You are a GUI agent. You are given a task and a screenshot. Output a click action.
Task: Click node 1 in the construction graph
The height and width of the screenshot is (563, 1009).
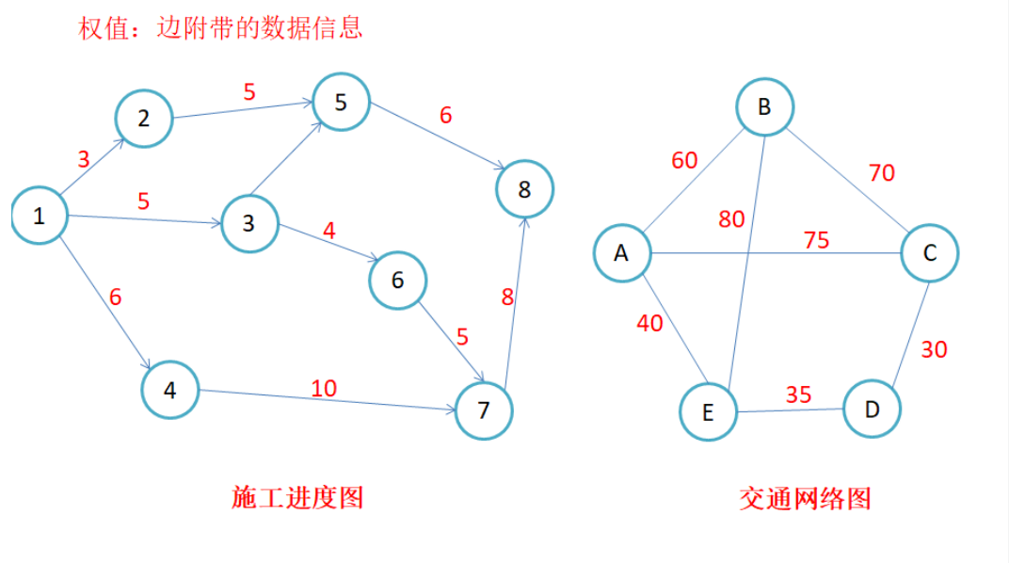(40, 216)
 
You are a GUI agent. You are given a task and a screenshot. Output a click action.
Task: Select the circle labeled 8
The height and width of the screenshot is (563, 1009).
(524, 189)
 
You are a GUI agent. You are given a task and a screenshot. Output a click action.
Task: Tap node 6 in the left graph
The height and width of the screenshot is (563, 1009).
(397, 280)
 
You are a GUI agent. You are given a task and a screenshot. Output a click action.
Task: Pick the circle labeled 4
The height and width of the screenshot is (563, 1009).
(170, 389)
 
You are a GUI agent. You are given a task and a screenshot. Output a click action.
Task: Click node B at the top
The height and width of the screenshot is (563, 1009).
(764, 106)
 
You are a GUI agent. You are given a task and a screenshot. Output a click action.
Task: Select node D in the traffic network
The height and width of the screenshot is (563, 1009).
(872, 409)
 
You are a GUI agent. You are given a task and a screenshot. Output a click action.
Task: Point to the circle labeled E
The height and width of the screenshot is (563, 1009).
(708, 411)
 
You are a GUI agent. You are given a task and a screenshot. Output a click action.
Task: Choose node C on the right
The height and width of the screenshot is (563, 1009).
(929, 252)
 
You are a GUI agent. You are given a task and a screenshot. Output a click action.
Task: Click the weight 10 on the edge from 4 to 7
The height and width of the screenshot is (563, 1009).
(323, 387)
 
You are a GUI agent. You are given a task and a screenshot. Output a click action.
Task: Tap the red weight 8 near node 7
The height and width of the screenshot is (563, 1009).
(507, 298)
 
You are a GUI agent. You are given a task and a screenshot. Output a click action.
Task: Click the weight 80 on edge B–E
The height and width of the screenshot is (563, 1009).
(731, 219)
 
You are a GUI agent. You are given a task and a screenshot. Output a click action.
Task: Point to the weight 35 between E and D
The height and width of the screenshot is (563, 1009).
(798, 394)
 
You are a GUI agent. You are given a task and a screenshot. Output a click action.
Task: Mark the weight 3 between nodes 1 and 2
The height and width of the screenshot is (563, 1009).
(84, 159)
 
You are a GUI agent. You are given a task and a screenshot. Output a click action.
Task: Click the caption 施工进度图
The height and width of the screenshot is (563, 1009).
(297, 497)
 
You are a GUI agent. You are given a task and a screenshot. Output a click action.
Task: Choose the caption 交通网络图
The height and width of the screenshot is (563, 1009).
(805, 497)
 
